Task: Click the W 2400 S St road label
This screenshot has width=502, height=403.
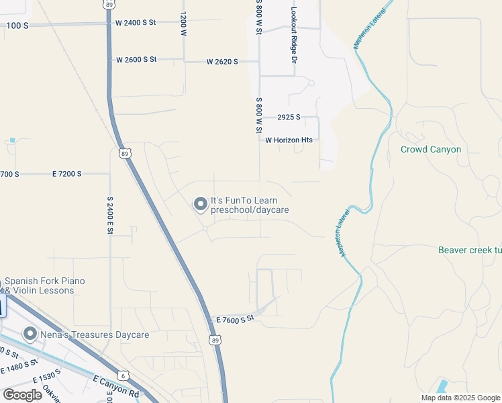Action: pos(135,22)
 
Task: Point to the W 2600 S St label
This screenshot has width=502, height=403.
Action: pos(136,60)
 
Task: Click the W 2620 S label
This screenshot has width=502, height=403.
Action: pos(222,62)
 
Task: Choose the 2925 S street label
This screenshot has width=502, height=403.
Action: pos(289,118)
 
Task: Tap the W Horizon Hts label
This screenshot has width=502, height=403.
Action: pos(289,140)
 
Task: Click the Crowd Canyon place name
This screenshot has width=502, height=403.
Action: pos(430,149)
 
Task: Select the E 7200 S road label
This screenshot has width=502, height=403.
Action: pos(66,174)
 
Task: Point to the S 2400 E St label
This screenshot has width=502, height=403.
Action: pos(109,215)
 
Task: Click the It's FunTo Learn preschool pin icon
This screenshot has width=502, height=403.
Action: pos(200,204)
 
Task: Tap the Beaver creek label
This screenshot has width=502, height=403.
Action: pos(469,250)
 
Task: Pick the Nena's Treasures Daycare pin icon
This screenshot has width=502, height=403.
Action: pos(30,334)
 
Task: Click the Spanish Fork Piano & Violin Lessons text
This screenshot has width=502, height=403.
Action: pos(45,285)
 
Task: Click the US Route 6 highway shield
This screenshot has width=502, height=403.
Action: pos(123,375)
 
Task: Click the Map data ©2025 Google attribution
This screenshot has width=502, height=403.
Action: pos(460,398)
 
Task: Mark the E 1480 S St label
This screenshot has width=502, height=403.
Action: pos(21,367)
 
